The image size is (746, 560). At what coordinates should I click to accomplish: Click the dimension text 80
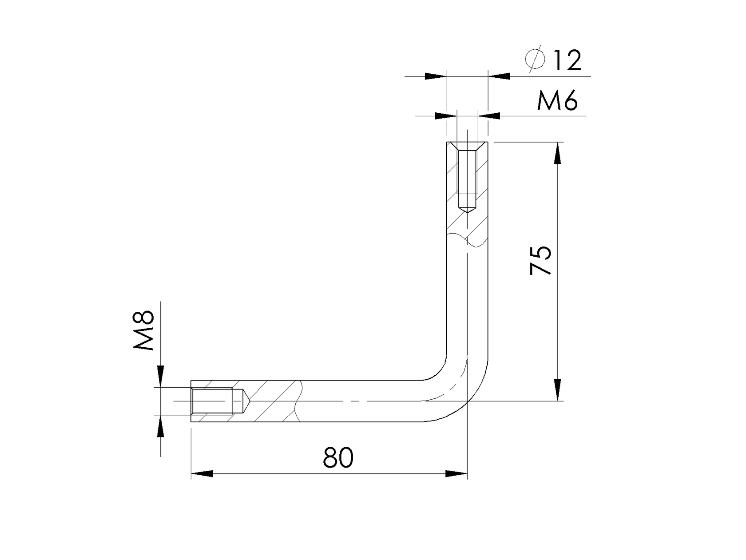pos(338,457)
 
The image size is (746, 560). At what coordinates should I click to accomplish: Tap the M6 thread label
pos(557,101)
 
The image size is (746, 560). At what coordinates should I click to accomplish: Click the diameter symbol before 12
pos(535,58)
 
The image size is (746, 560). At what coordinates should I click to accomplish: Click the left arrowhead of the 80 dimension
pos(202,474)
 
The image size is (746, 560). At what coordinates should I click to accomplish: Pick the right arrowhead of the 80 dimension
pos(456,474)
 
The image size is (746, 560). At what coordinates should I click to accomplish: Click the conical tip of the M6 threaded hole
pos(467,209)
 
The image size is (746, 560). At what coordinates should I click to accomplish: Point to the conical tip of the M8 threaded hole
pos(246,401)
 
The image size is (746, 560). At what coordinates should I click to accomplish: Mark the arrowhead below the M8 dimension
pos(160,427)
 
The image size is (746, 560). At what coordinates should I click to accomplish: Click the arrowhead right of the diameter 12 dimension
pos(499,76)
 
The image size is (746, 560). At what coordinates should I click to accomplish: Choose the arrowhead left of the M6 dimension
pos(445,116)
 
